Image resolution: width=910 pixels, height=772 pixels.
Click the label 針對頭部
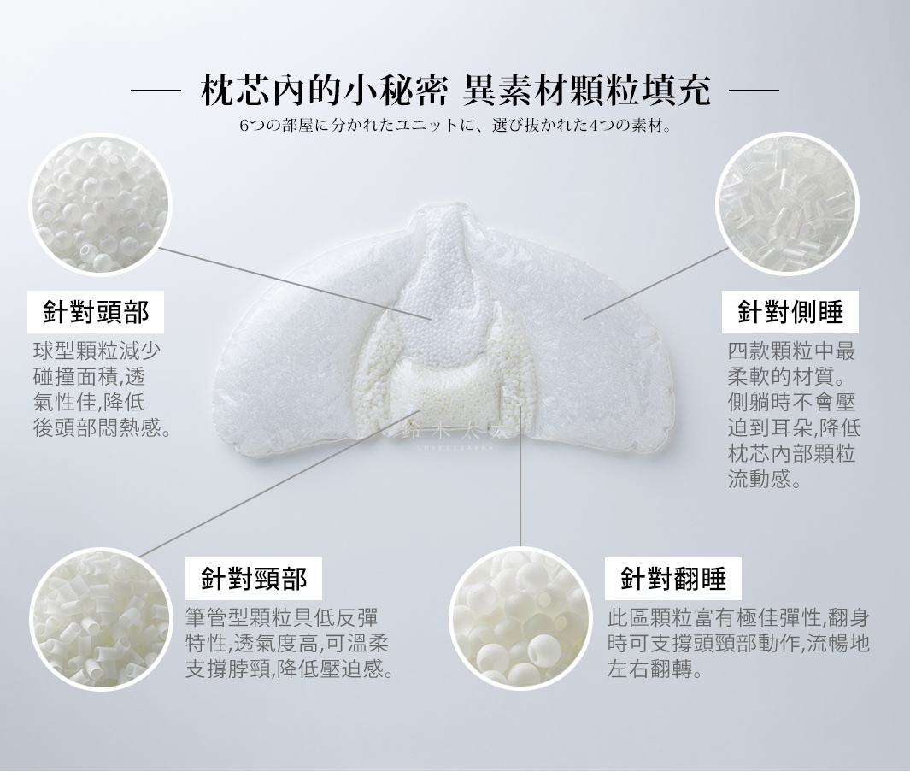(96, 313)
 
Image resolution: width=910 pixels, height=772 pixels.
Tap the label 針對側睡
(790, 313)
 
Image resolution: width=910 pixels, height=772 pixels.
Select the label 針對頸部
(254, 580)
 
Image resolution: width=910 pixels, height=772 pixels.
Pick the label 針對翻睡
(673, 580)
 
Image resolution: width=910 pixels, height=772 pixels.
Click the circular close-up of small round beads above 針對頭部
(101, 203)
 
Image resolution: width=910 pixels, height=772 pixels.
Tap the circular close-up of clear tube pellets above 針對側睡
(786, 203)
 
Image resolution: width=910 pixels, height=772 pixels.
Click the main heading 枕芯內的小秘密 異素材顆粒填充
(455, 91)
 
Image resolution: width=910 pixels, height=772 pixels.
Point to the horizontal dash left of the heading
(156, 90)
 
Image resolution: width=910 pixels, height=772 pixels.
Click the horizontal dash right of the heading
(753, 90)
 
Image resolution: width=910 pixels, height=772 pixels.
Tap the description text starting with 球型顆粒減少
(98, 389)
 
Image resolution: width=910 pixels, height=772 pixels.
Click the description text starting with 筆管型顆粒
(291, 644)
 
